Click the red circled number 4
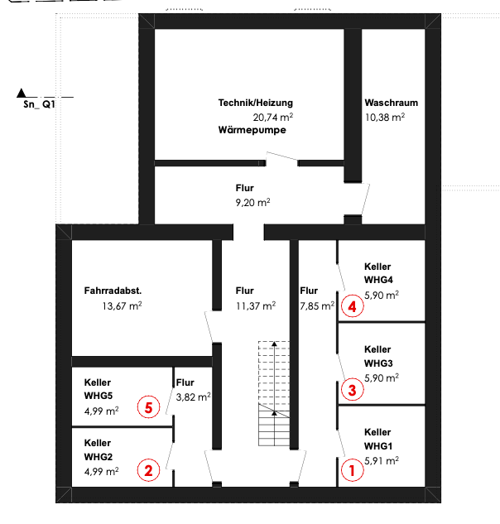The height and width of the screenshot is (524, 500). click(353, 306)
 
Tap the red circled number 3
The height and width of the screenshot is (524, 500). click(351, 389)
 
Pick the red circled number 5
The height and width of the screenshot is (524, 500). click(148, 407)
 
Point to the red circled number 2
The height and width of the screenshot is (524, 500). click(148, 471)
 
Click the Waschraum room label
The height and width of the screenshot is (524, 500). click(391, 103)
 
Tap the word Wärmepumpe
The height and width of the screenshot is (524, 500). click(252, 130)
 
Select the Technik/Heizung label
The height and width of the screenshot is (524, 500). click(256, 103)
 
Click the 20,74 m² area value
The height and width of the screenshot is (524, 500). click(273, 118)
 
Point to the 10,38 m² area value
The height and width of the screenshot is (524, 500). click(385, 118)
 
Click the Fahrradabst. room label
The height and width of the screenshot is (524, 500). click(113, 291)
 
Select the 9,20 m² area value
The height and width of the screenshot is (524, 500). click(252, 202)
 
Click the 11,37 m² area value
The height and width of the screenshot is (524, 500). click(256, 305)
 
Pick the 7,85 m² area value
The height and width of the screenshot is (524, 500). click(317, 305)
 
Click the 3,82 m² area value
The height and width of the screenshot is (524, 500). click(192, 397)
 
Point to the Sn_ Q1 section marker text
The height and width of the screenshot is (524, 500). click(39, 105)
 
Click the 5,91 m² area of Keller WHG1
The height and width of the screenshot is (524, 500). click(382, 460)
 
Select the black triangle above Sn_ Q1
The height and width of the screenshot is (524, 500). click(22, 93)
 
